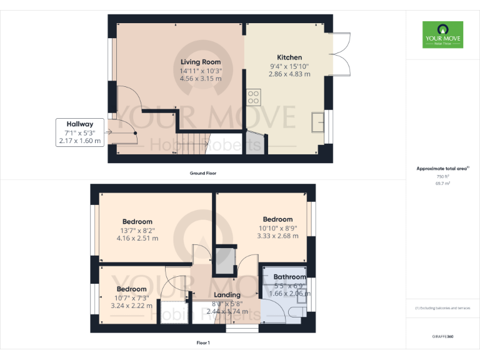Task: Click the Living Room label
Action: click(201, 62)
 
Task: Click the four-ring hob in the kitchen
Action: click(254, 97)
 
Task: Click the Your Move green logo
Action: click(442, 35)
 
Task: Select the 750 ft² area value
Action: click(442, 177)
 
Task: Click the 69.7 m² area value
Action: click(442, 184)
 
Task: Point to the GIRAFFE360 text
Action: click(442, 337)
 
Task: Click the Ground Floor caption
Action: click(203, 172)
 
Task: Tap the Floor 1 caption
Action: click(203, 342)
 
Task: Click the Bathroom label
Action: click(289, 277)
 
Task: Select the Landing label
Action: click(227, 295)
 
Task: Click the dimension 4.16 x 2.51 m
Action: click(137, 238)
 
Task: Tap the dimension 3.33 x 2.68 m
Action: click(277, 236)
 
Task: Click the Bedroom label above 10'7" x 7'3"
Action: click(131, 289)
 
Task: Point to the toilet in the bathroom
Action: click(299, 310)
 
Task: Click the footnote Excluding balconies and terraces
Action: click(442, 308)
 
